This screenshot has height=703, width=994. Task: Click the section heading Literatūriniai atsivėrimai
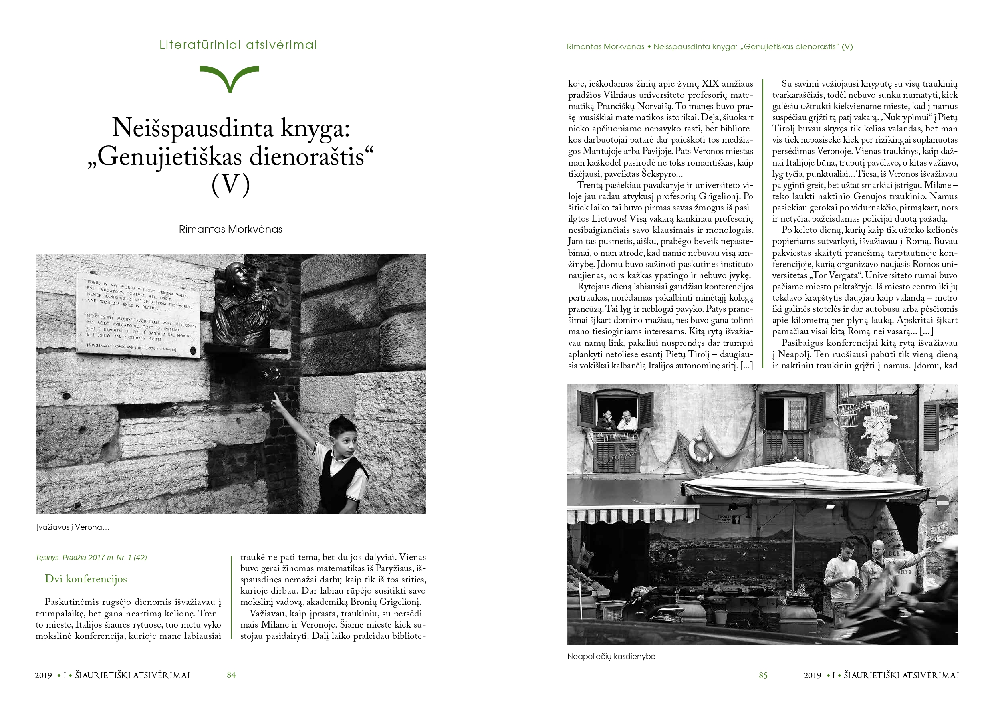tap(238, 45)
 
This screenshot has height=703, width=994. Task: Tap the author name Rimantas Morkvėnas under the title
tap(230, 230)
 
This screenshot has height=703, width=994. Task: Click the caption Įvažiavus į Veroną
tap(73, 527)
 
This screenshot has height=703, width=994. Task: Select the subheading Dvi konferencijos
tap(86, 579)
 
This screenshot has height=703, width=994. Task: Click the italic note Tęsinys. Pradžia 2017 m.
tap(91, 558)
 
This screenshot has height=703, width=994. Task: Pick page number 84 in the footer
tap(231, 675)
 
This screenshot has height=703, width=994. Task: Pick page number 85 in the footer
tap(763, 675)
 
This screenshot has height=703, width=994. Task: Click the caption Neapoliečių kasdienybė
tap(611, 656)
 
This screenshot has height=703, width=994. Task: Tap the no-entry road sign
tap(942, 503)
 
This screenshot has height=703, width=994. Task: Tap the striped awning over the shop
tap(632, 515)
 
